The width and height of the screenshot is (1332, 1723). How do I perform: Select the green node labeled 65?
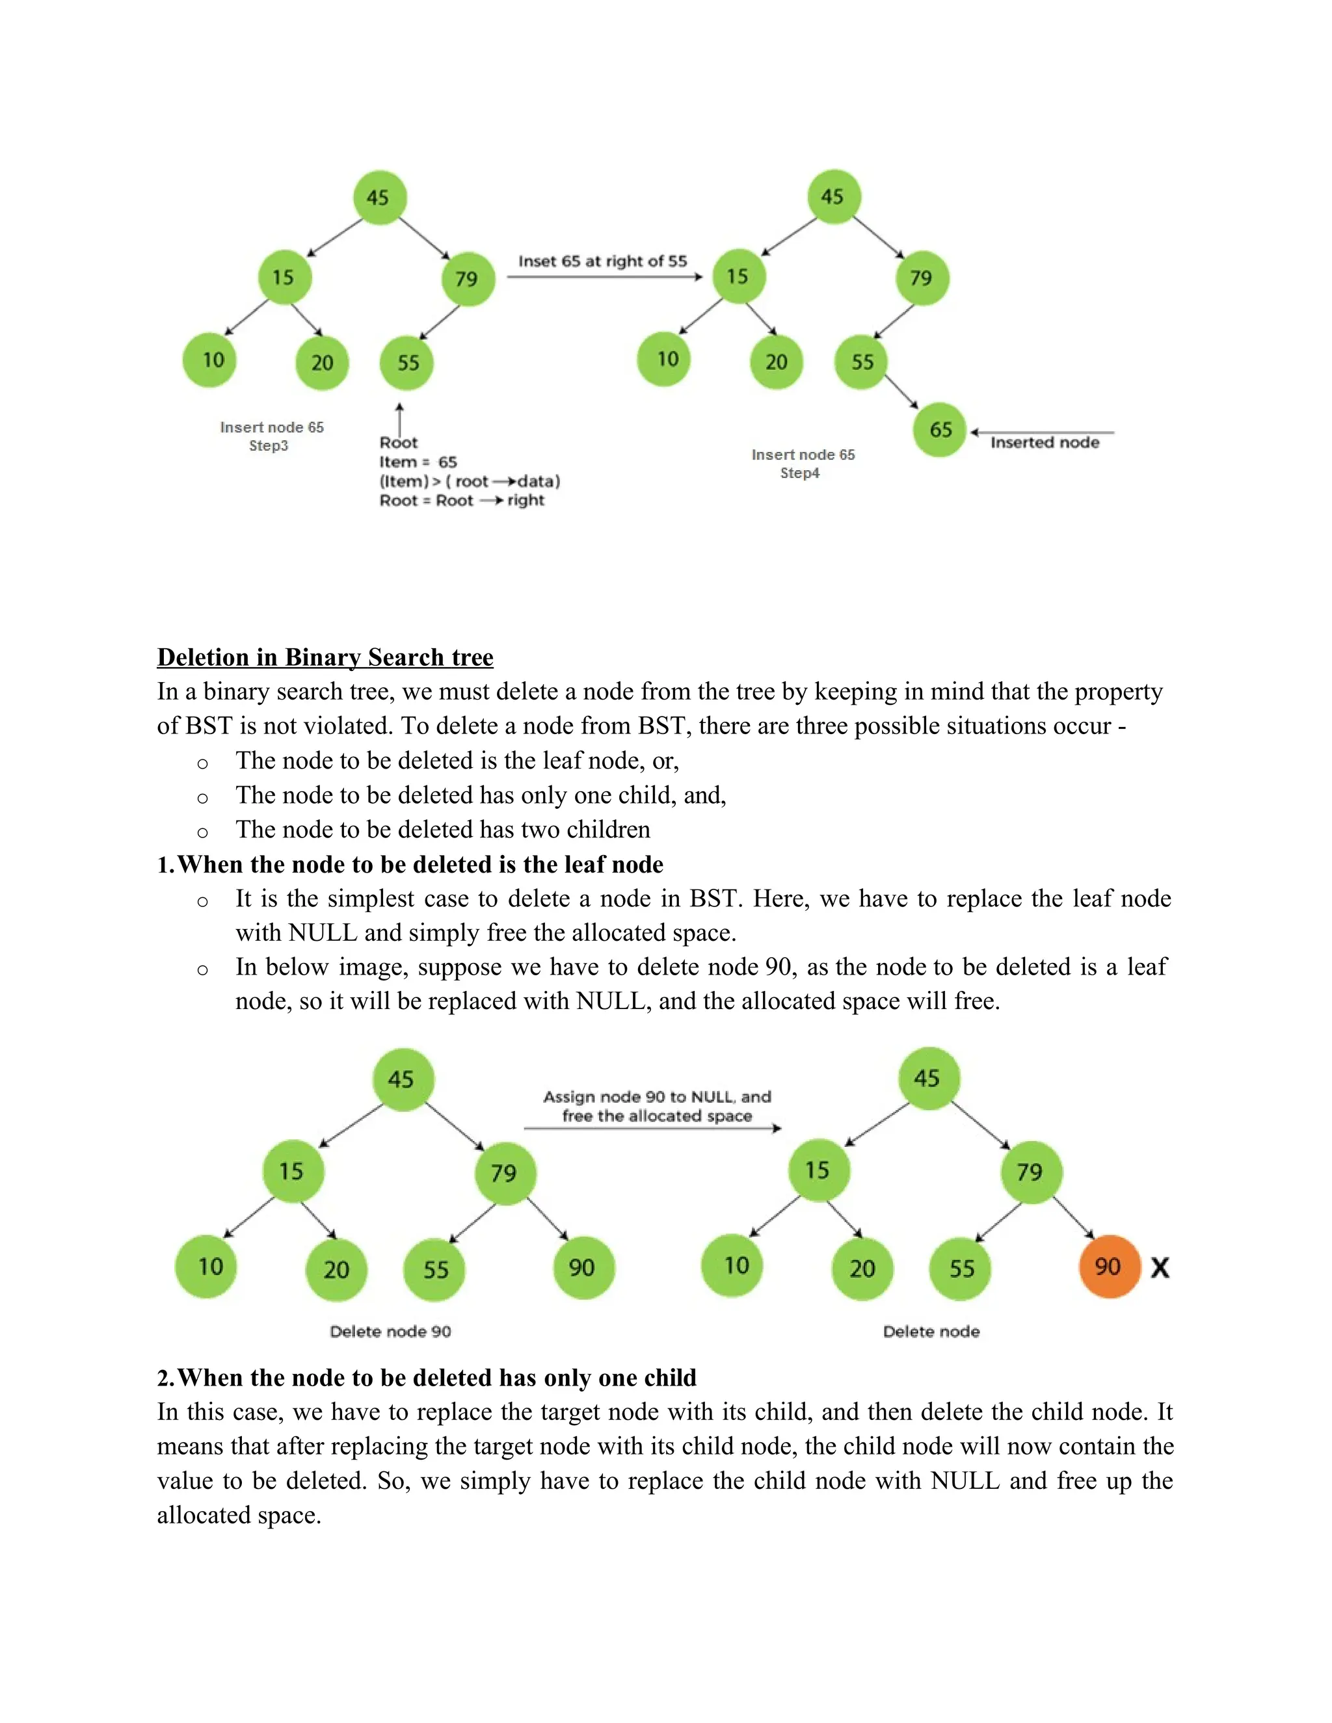pos(939,430)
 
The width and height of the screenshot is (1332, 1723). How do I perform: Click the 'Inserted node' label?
pos(1045,443)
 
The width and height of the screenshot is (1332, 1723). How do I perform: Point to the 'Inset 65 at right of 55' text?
pos(602,261)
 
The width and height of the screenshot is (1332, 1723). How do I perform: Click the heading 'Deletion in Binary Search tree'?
pos(325,657)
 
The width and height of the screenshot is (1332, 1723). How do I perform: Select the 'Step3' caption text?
pos(269,446)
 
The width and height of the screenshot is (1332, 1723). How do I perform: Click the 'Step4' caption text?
pos(799,473)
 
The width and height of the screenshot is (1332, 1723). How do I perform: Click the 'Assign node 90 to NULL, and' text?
pos(656,1097)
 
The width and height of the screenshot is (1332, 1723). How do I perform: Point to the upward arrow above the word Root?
pos(399,418)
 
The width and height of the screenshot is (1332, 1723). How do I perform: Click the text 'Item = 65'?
pos(418,462)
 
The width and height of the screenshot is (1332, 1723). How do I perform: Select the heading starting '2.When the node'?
pos(426,1378)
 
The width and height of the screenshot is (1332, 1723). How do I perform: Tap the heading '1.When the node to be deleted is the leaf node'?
pos(410,865)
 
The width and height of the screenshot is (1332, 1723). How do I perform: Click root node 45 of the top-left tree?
pos(380,197)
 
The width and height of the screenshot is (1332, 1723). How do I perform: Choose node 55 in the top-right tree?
pos(861,362)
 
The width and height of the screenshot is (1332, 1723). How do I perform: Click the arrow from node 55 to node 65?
pos(901,391)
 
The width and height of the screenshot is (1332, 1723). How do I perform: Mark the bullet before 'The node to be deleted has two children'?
pos(203,832)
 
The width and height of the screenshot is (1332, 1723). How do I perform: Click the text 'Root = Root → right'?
pos(462,500)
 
